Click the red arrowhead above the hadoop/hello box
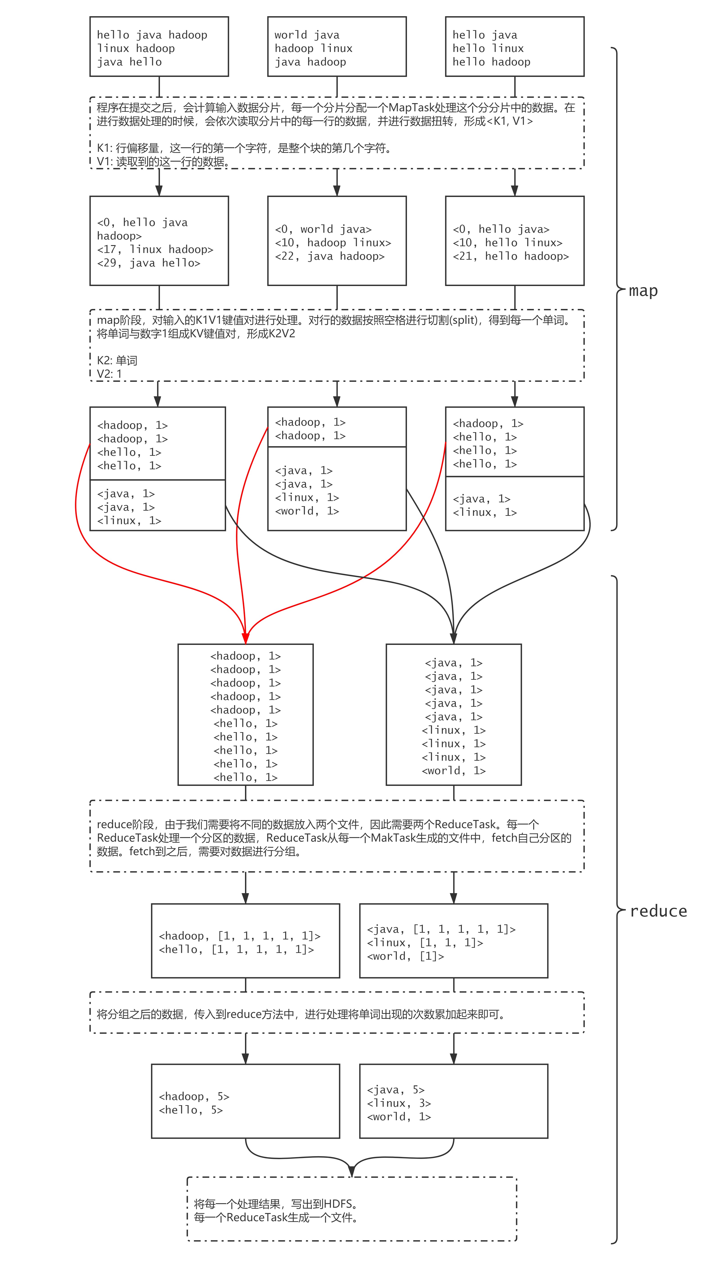click(x=245, y=638)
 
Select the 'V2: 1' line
click(x=109, y=374)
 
